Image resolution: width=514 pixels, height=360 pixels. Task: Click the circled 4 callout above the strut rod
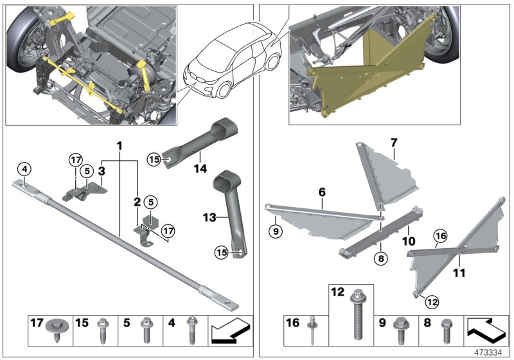coord(24,170)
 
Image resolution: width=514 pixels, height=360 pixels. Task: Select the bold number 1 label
coord(119,146)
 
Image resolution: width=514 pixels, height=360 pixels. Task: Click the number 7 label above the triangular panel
coord(394,141)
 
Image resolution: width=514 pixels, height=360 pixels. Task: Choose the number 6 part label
coord(322,192)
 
